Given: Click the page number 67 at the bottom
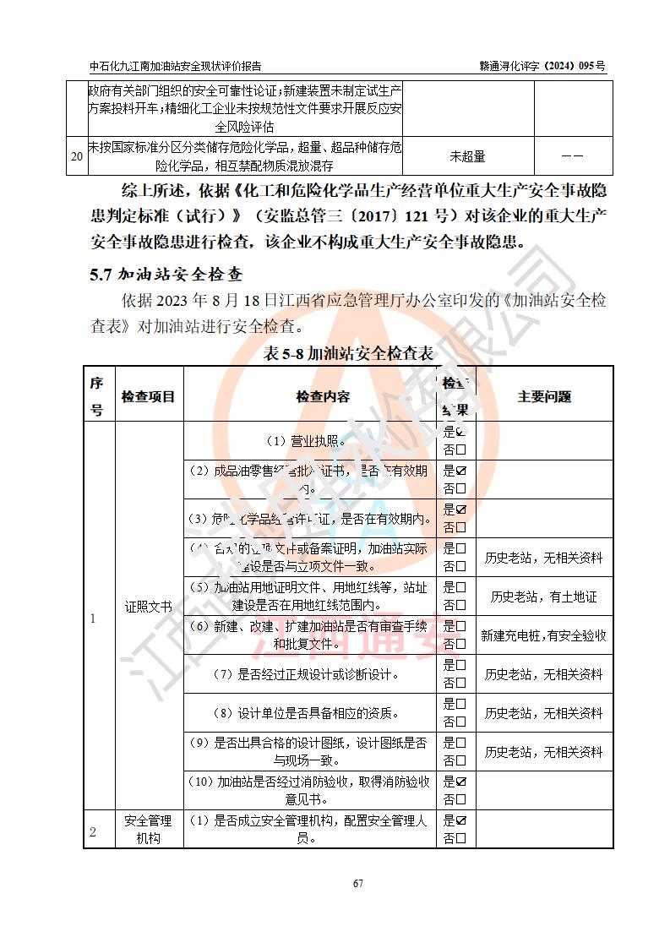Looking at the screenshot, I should pyautogui.click(x=358, y=883).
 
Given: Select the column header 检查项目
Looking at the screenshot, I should pyautogui.click(x=148, y=396).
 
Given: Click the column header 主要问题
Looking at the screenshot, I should pyautogui.click(x=544, y=396).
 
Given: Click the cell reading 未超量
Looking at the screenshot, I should pyautogui.click(x=467, y=156).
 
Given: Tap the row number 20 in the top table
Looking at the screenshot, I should pyautogui.click(x=76, y=156).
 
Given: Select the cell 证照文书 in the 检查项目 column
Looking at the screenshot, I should pyautogui.click(x=148, y=606).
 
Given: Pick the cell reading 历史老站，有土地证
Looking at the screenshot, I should pyautogui.click(x=544, y=597).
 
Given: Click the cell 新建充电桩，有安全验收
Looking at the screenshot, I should pyautogui.click(x=544, y=635).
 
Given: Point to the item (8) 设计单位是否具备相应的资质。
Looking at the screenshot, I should pyautogui.click(x=309, y=712).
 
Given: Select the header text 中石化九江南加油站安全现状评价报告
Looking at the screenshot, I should pyautogui.click(x=175, y=66).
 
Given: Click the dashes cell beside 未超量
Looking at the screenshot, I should pyautogui.click(x=572, y=156).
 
